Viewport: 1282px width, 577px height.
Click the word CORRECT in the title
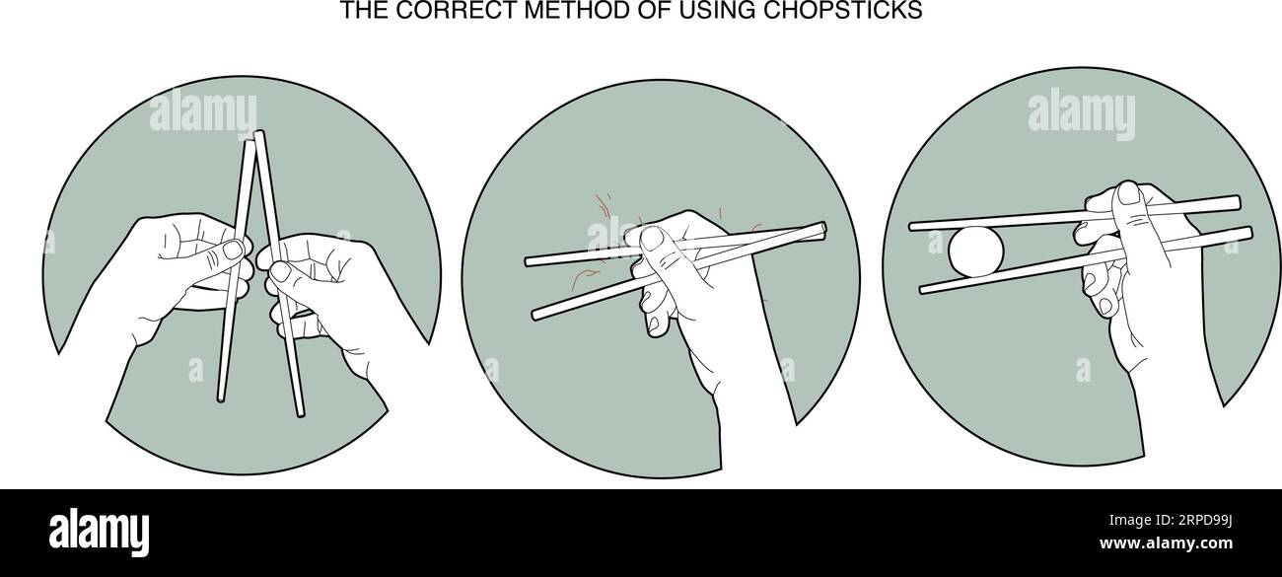click(x=421, y=11)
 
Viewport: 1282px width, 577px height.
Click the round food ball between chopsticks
click(x=976, y=252)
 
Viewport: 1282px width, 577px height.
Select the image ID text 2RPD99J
click(x=1185, y=516)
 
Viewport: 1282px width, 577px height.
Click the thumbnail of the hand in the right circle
click(x=1127, y=197)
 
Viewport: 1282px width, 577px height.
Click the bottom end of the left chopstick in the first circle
click(x=222, y=398)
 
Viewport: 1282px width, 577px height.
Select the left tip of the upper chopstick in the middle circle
click(x=530, y=262)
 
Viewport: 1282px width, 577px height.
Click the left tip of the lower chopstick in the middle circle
click(x=536, y=314)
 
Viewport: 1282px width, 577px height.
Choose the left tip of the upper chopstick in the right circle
click(x=914, y=226)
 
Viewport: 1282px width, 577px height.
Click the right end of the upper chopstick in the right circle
click(x=1234, y=202)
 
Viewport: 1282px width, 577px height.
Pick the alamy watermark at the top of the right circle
click(x=1081, y=113)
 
